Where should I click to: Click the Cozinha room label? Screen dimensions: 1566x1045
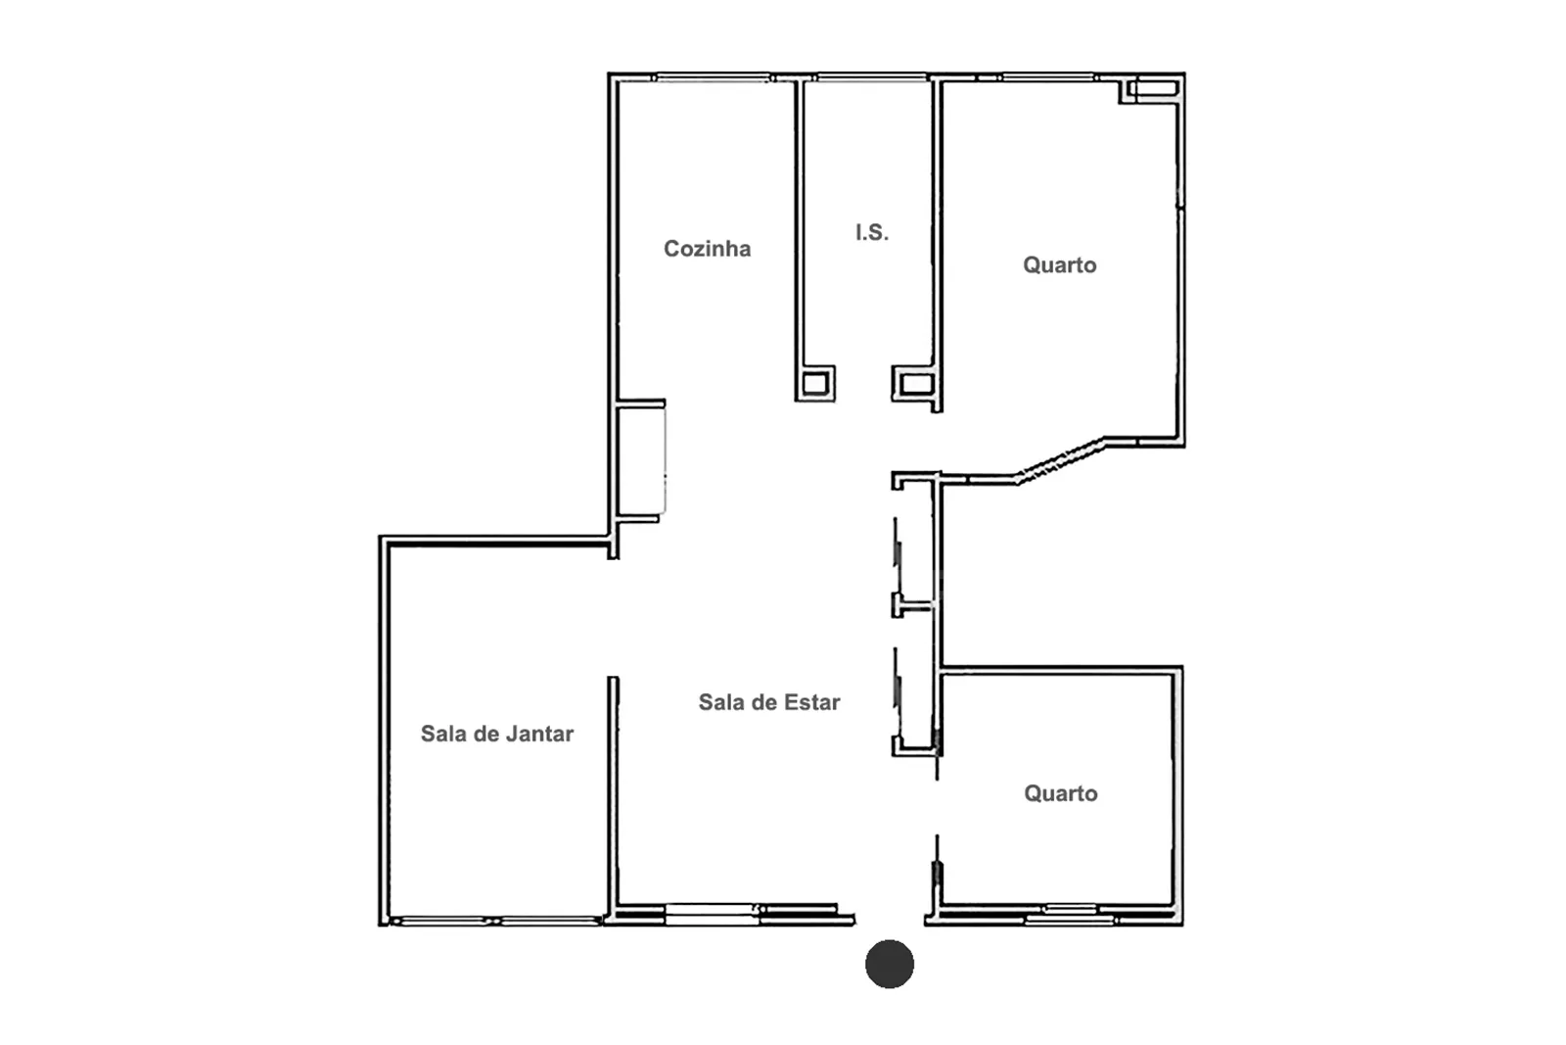[707, 249]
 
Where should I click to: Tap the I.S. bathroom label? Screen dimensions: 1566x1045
[872, 232]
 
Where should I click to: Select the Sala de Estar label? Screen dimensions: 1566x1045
[769, 701]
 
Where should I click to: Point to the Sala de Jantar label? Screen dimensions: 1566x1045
[497, 733]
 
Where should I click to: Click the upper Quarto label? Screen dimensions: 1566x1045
[1059, 265]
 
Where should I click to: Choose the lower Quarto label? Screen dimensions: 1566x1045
[1061, 793]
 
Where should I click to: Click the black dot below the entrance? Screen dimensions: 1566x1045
[890, 964]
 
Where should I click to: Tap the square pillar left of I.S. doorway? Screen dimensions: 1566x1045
[815, 383]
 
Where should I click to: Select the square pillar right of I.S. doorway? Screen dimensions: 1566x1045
[916, 383]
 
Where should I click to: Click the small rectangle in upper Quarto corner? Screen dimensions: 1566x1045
[1154, 89]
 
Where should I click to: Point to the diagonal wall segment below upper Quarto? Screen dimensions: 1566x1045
[1061, 460]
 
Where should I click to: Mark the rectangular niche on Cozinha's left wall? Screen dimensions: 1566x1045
[640, 461]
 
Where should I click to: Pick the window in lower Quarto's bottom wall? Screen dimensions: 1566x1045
[1071, 914]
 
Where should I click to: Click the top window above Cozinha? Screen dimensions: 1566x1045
[713, 77]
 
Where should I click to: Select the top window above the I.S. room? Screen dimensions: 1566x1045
[872, 77]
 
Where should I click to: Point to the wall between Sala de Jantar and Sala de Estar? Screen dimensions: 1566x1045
[613, 796]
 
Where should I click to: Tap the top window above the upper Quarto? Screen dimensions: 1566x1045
[1047, 77]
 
